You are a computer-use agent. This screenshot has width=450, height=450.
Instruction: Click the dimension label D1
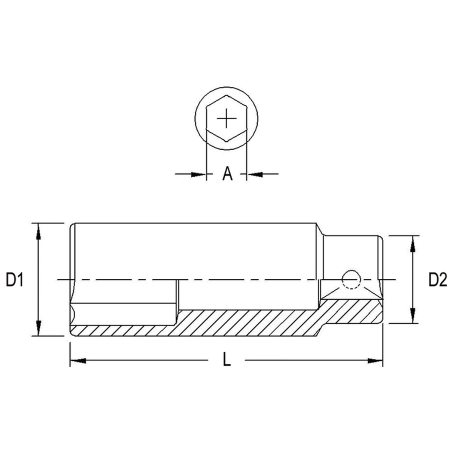(14, 280)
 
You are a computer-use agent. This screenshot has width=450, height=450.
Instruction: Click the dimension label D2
(437, 280)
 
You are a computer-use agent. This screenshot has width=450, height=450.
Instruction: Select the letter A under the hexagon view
(227, 173)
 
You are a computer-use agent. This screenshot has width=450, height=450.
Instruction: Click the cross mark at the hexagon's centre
(226, 118)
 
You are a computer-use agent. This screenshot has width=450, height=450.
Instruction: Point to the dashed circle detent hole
(351, 279)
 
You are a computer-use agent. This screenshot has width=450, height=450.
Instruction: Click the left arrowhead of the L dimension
(78, 360)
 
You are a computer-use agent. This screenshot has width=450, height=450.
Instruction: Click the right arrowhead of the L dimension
(375, 360)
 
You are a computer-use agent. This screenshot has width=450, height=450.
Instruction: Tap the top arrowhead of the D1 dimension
(38, 231)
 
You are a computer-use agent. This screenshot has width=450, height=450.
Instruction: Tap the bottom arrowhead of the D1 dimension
(38, 327)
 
